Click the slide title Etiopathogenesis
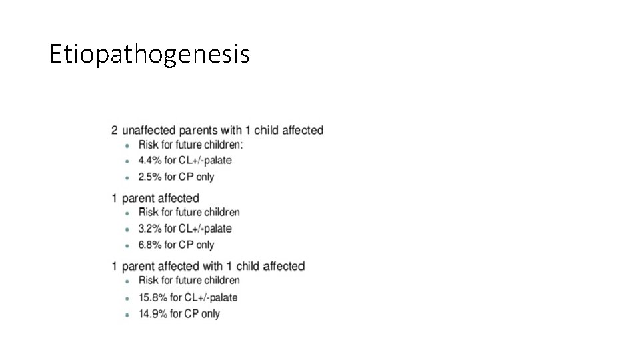point(150,54)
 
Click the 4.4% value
point(150,161)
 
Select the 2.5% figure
point(150,177)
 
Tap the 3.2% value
point(150,229)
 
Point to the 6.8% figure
point(150,245)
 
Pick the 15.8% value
point(153,297)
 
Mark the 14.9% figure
point(153,314)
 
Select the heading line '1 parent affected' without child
point(155,198)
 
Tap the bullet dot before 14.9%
point(127,315)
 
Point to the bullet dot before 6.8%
point(127,246)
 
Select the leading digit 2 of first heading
point(115,131)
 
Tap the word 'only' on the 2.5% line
point(205,177)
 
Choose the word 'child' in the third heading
point(248,267)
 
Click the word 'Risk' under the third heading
point(149,281)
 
